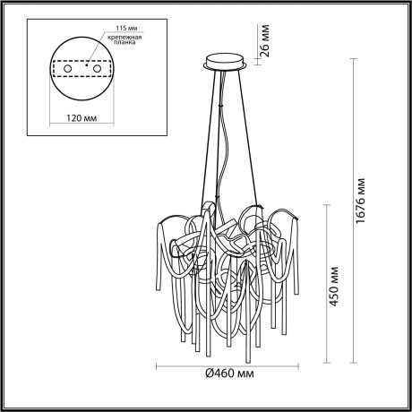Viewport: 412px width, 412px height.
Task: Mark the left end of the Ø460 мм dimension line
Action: (x=158, y=367)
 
